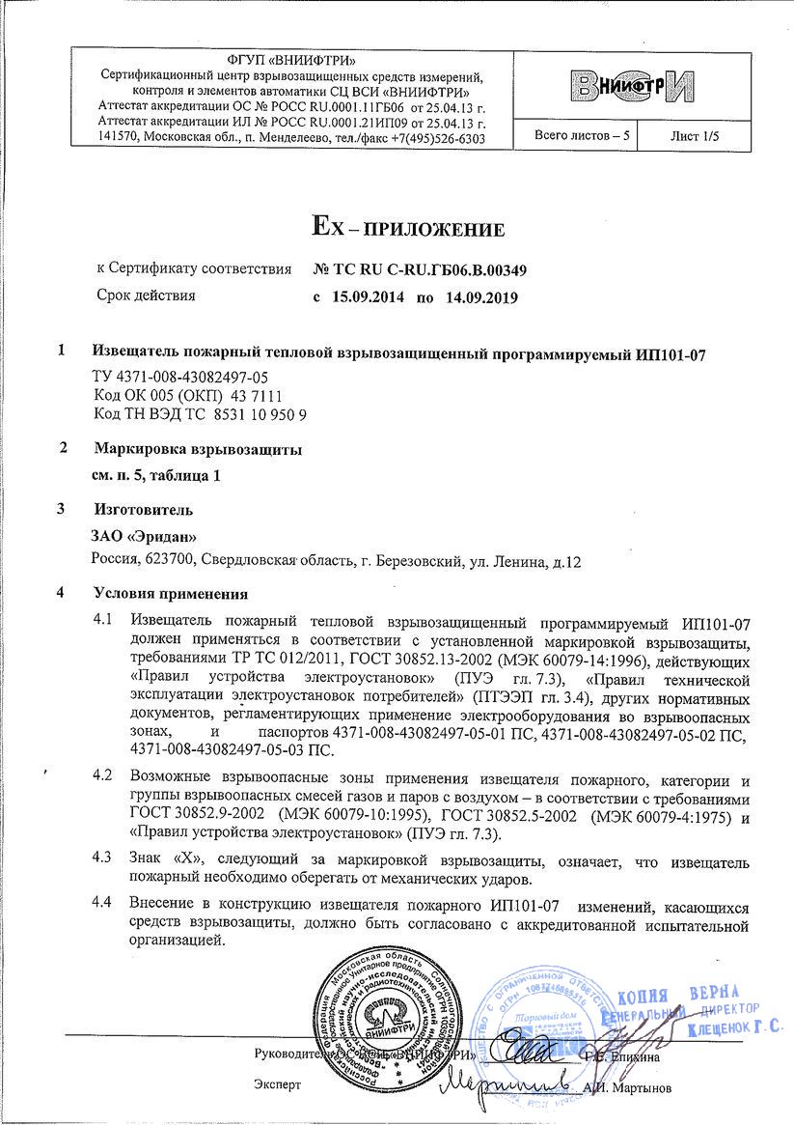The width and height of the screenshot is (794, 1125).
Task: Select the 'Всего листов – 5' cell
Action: point(582,137)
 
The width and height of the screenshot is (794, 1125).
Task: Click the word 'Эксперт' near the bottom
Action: point(277,1085)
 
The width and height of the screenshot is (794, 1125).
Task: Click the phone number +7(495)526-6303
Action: point(433,139)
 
